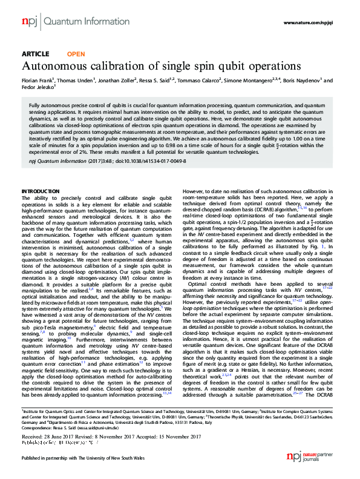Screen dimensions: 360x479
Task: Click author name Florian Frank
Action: [x=38, y=80]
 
